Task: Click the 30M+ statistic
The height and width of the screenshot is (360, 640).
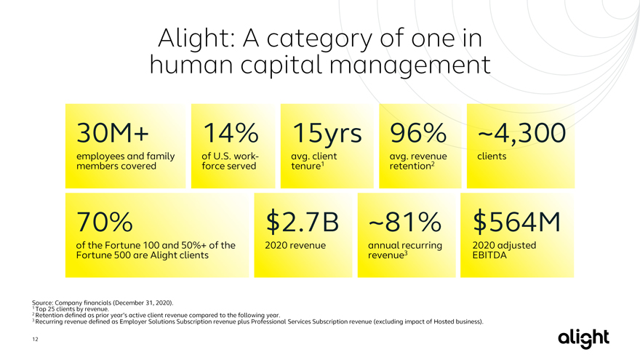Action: click(x=113, y=133)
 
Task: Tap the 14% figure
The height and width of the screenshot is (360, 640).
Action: click(x=231, y=133)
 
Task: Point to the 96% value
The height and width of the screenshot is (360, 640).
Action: click(x=418, y=133)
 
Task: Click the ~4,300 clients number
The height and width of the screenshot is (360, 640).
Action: click(x=521, y=134)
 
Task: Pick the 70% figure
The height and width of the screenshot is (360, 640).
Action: click(x=105, y=222)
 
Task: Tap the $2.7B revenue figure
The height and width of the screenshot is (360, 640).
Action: click(x=302, y=222)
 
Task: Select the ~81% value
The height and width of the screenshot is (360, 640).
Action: click(x=404, y=222)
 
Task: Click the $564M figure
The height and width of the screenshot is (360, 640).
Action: click(x=517, y=222)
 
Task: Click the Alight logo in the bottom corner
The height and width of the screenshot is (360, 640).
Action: click(x=584, y=338)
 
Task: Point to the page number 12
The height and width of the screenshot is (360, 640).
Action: click(x=35, y=339)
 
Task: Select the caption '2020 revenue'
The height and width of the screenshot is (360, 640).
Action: click(x=295, y=245)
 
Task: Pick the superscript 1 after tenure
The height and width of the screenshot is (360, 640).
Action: click(x=322, y=164)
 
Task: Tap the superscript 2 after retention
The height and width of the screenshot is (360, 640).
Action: click(x=433, y=164)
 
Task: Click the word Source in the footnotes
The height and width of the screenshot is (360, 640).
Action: click(x=42, y=303)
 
